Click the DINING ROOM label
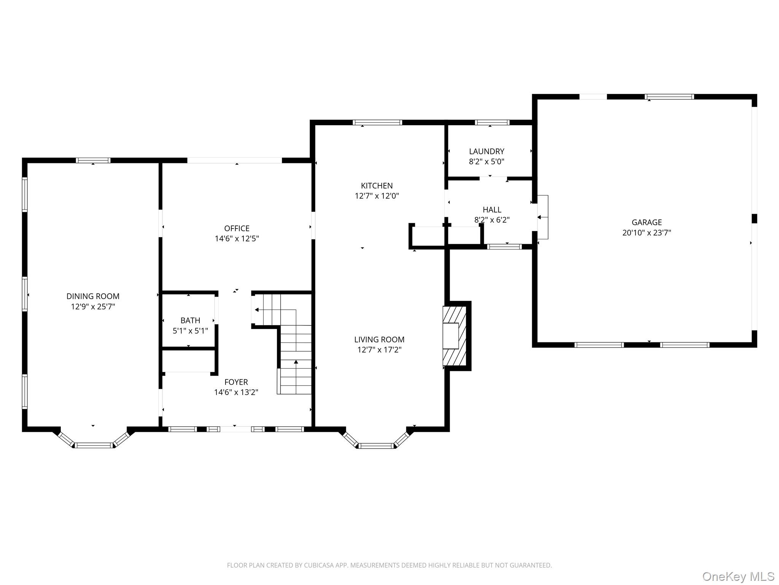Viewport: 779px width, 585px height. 93,296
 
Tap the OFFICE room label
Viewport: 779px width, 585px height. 237,228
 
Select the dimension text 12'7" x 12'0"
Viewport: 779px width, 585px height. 377,196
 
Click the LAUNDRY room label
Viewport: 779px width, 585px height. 486,151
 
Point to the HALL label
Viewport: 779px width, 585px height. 492,209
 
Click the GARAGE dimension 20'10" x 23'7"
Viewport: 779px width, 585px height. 647,232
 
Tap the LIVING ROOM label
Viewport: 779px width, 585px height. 379,339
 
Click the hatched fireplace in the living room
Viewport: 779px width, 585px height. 454,336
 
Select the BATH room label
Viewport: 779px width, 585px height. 190,320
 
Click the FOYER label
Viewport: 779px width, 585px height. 236,382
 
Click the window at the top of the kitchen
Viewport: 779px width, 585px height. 377,122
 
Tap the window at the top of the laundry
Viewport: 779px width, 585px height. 492,122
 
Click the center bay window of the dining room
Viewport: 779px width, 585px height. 94,445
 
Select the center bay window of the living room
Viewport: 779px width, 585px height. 376,446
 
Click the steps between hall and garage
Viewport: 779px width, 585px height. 543,217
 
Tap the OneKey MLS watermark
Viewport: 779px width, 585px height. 738,576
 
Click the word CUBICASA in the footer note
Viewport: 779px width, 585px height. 319,565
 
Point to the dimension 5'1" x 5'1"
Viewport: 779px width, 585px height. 190,331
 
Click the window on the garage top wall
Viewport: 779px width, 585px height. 669,97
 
